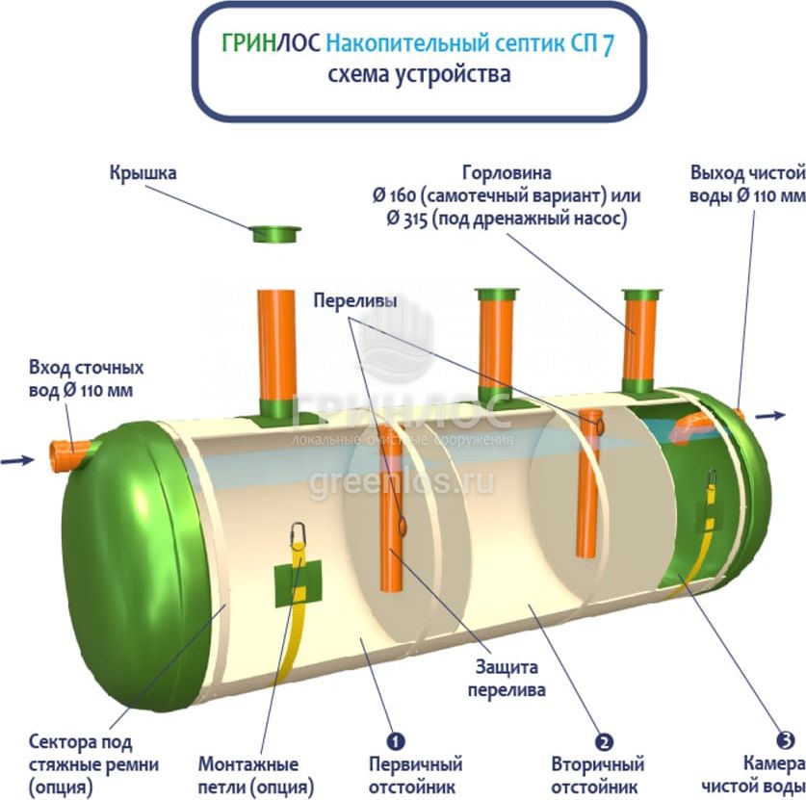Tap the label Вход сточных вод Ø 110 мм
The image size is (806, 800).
coord(87,379)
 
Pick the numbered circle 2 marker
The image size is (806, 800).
coord(604,742)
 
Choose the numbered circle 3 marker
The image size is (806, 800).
coord(786,740)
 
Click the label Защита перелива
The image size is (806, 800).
coord(507,678)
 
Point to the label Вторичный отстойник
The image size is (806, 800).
coord(597,776)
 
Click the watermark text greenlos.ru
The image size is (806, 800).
coord(402,480)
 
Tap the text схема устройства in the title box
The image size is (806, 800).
coord(418,75)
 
